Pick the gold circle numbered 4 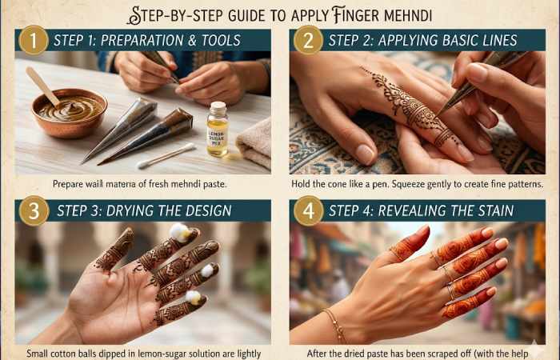(308, 211)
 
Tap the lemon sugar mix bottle (217, 129)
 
